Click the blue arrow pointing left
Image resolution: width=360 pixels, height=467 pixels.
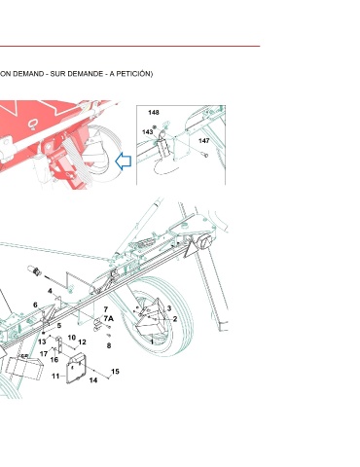(x=124, y=162)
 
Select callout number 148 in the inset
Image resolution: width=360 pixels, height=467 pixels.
(x=154, y=113)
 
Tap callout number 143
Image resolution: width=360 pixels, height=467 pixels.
(x=147, y=132)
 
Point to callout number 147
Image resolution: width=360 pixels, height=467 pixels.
(x=204, y=141)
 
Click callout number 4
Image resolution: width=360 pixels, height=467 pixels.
(x=50, y=291)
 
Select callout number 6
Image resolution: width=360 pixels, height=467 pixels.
(x=35, y=305)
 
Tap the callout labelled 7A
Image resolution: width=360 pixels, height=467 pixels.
(x=109, y=318)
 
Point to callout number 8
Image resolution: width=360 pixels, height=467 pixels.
(x=109, y=345)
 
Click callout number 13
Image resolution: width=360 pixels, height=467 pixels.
(x=42, y=341)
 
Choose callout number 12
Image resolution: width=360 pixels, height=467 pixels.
(x=82, y=342)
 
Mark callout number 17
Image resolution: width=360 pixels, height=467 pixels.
(x=44, y=354)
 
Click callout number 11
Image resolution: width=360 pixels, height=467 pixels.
(x=55, y=377)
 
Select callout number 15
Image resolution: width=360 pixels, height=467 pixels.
(x=115, y=372)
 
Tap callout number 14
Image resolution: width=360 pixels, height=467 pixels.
(x=93, y=380)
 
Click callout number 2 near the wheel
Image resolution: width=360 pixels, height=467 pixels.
(x=175, y=319)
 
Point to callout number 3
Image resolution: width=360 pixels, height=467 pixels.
(x=169, y=308)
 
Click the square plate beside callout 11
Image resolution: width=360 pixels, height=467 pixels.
(x=76, y=369)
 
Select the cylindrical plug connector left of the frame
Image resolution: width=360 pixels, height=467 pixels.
(x=34, y=270)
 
